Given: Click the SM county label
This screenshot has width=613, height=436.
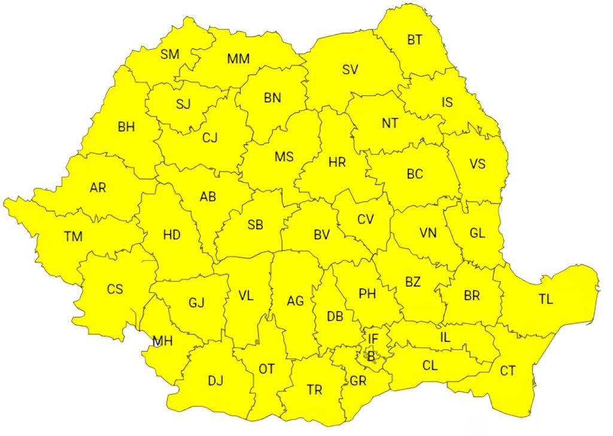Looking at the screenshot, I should pos(170,54).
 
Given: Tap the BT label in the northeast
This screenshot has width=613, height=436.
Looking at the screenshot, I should pos(415,40).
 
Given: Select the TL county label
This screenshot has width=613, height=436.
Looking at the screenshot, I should pos(545,300).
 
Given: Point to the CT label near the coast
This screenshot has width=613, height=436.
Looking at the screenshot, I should pos(508,371).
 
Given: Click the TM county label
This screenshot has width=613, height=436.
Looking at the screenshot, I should pos(73,236).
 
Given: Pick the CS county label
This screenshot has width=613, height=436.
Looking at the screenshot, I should pos(115,289).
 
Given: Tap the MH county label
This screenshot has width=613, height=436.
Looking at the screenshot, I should pos(162,342).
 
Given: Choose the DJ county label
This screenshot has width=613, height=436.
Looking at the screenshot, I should pos(216,380).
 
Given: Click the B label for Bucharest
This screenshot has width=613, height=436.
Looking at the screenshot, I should pos(371,356).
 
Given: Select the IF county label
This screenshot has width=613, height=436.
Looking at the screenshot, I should pos(373,339).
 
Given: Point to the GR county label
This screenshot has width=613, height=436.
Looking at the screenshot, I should pos(358,380).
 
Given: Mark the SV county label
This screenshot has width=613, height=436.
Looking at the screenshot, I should pos(350,69).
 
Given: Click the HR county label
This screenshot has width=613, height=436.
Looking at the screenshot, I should pos(337,162).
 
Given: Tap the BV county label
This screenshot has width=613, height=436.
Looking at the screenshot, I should pos(322,235).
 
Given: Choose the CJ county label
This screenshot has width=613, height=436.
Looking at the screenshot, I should pos(210,138).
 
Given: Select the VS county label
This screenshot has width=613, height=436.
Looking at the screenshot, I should pos(477,164).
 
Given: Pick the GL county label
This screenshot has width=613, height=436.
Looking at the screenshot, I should pos(477,233).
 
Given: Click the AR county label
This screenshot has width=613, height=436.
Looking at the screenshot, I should pos(98,188).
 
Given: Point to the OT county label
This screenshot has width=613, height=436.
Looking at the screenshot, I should pos(266,369).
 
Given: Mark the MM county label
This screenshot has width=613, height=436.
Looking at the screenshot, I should pos(238,59).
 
